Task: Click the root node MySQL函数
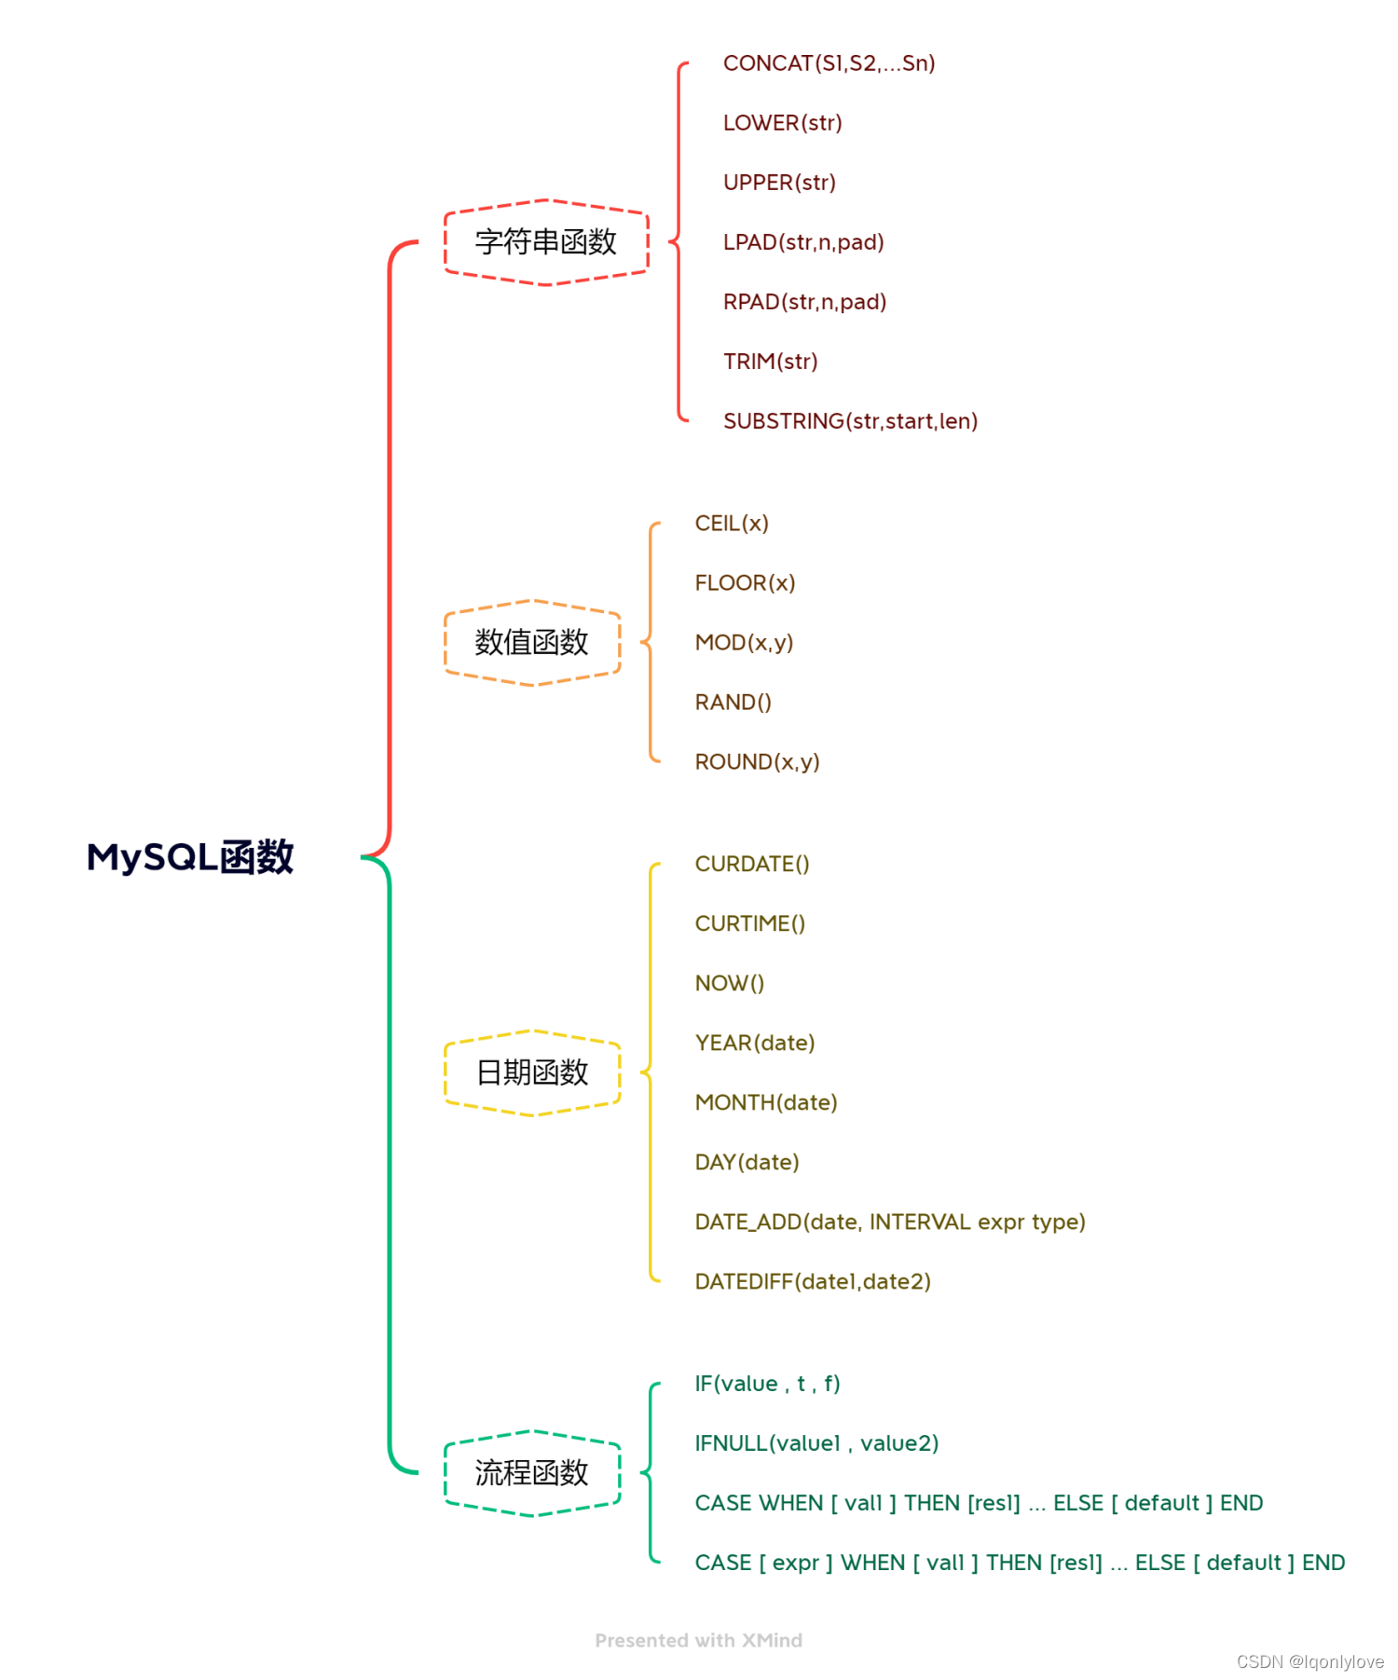(190, 857)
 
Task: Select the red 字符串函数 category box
(546, 242)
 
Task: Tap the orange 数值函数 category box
(532, 643)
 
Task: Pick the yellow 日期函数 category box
(532, 1072)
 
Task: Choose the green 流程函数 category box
(532, 1473)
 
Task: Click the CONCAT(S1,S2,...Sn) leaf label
(829, 63)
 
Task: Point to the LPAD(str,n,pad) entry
(803, 242)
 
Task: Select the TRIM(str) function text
(770, 362)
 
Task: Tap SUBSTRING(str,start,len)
(850, 421)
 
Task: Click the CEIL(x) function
(732, 524)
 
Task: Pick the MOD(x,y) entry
(744, 643)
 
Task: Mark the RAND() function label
(733, 703)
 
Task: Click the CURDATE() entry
(752, 865)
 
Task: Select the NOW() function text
(729, 984)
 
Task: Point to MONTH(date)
(766, 1103)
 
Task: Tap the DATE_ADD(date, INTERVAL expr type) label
(890, 1222)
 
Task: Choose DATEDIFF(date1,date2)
(813, 1282)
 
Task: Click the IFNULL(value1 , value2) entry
(816, 1444)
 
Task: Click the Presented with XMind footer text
(698, 1641)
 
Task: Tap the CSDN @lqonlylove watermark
(1309, 1661)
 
